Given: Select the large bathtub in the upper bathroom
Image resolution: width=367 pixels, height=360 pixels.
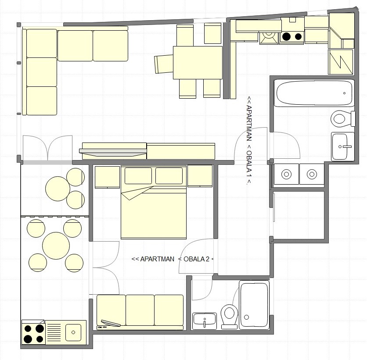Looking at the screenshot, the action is pyautogui.click(x=314, y=93).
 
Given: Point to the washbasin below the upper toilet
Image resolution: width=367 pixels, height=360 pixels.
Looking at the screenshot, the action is pyautogui.click(x=342, y=146).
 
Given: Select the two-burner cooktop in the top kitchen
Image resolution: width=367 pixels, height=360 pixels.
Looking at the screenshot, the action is pyautogui.click(x=291, y=37).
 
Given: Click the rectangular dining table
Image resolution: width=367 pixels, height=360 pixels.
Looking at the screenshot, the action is pyautogui.click(x=198, y=62).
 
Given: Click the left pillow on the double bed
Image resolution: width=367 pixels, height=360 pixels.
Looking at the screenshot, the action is pyautogui.click(x=138, y=175).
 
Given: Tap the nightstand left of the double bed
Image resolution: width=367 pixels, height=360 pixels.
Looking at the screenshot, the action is pyautogui.click(x=107, y=177).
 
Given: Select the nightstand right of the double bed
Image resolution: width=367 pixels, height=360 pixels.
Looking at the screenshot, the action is pyautogui.click(x=200, y=176).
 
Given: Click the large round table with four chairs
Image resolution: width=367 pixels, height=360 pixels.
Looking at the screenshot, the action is pyautogui.click(x=56, y=246).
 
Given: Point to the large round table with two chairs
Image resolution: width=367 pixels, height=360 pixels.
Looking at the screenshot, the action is pyautogui.click(x=58, y=189).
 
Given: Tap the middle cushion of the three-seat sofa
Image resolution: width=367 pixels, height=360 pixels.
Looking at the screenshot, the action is pyautogui.click(x=140, y=310).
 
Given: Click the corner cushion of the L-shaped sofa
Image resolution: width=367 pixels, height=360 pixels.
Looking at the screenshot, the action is pyautogui.click(x=42, y=43).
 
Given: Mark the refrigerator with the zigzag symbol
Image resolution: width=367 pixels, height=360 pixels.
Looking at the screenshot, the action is pyautogui.click(x=341, y=62).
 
